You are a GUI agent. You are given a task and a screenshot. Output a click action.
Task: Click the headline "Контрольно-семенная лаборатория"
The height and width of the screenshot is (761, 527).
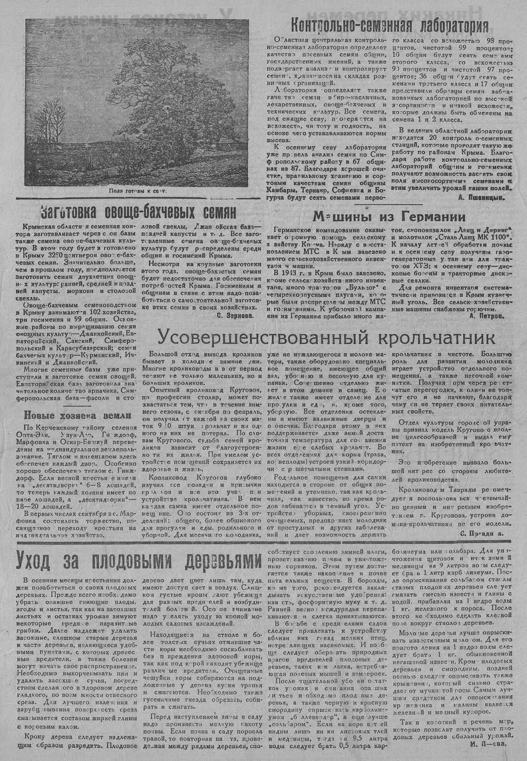[x=389, y=25]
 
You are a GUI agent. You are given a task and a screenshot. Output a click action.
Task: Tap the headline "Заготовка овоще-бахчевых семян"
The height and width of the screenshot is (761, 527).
[x=138, y=213]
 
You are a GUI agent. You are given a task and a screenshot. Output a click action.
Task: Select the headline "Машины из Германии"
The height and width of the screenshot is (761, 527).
[x=389, y=217]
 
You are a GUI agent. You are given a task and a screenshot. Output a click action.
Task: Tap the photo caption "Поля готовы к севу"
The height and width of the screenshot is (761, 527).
[x=138, y=192]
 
